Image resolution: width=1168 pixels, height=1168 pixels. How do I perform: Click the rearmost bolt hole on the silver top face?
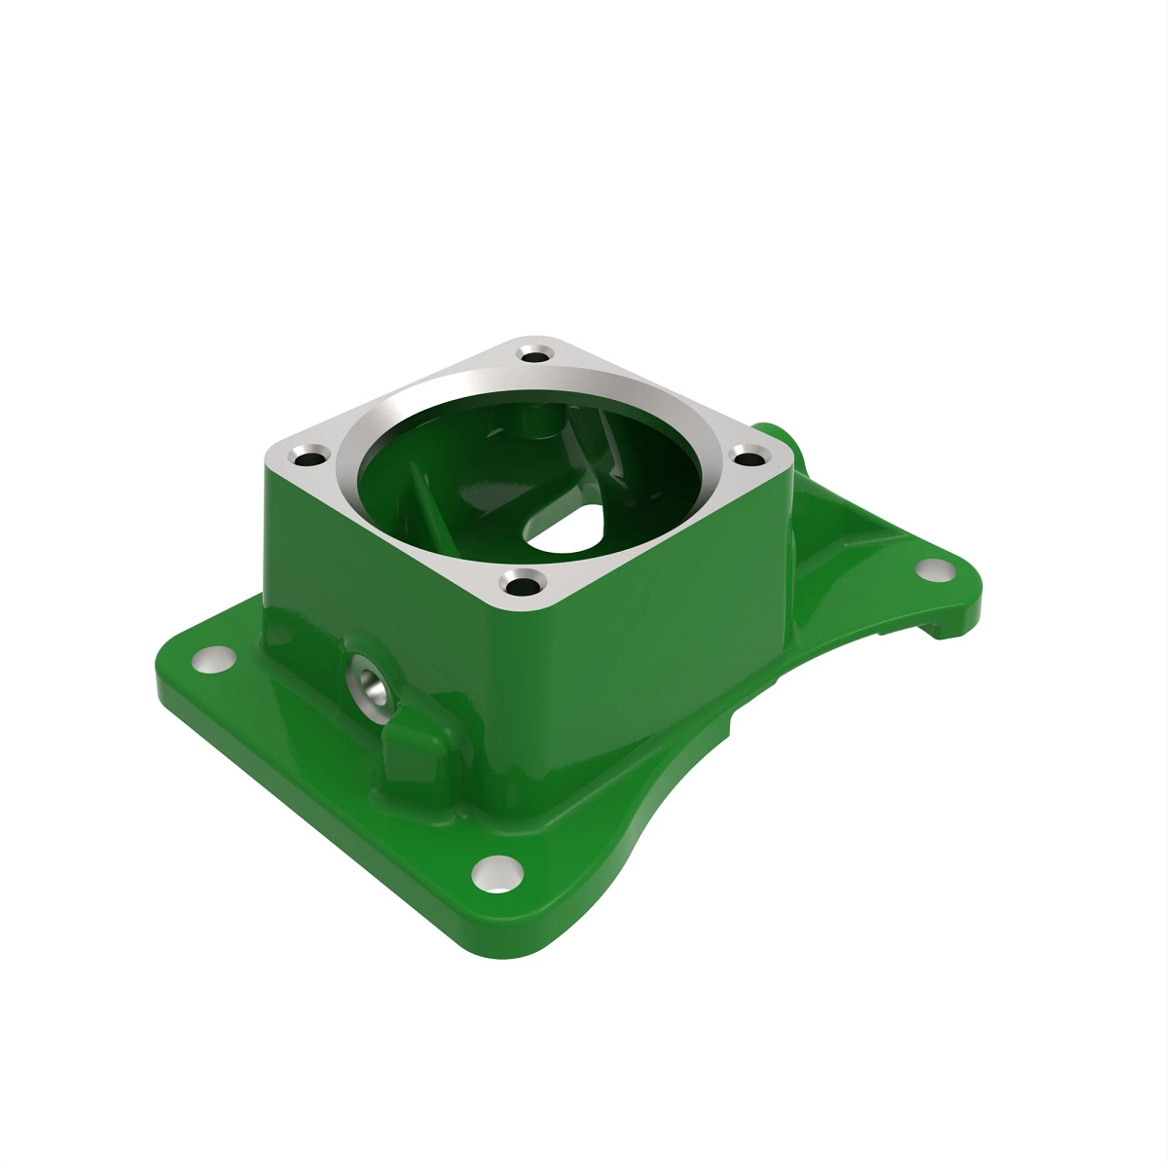click(x=532, y=351)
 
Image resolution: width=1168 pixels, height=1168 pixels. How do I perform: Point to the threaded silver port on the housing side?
click(x=371, y=682)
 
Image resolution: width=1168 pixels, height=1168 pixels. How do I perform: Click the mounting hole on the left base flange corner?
click(x=213, y=660)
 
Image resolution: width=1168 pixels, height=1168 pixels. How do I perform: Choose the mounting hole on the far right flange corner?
click(x=935, y=570)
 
